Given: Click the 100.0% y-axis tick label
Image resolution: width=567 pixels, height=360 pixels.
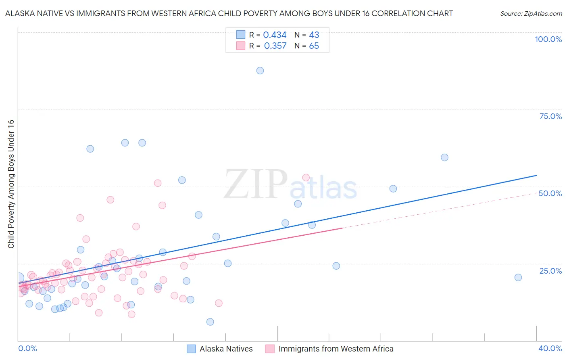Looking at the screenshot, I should coord(548,39).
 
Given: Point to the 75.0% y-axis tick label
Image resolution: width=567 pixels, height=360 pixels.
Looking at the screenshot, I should coord(550,116).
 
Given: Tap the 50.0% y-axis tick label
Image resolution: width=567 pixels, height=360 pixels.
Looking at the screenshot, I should coord(550,193).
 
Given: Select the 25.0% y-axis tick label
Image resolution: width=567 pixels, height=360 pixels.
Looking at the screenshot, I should coord(550,271).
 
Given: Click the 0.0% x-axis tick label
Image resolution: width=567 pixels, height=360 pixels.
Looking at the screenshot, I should coord(27,348).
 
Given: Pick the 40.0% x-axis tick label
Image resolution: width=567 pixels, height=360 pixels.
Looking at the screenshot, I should coord(550,348).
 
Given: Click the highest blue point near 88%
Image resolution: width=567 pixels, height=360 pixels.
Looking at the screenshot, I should coord(260,71).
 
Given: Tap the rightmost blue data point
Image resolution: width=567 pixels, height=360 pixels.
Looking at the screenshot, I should coord(518,277).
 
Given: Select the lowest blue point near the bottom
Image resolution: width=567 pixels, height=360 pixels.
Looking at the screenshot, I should coord(210,322).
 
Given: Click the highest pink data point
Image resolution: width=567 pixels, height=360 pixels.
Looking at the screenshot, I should coord(306,178).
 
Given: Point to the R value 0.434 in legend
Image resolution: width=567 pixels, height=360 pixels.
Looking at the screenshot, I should coord(275,35).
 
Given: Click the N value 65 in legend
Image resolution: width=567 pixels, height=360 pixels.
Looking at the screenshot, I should coord(314,46).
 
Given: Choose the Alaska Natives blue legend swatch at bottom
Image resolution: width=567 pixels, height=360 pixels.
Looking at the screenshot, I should coord(191,349).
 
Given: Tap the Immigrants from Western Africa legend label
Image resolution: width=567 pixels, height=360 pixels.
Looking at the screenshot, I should coord(336,349).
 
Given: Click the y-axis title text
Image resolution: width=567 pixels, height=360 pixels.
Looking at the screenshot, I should coord(11,184).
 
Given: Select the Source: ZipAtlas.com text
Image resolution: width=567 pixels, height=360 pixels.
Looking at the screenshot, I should coord(531,14).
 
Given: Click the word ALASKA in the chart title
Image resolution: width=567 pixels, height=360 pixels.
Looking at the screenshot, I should coord(20,14).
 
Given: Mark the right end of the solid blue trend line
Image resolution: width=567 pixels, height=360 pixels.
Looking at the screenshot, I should coord(536,175).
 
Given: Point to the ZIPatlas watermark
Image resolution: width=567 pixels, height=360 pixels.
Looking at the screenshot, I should coord(290,185).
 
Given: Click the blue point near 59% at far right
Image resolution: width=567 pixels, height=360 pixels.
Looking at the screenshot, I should coord(444,157).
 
